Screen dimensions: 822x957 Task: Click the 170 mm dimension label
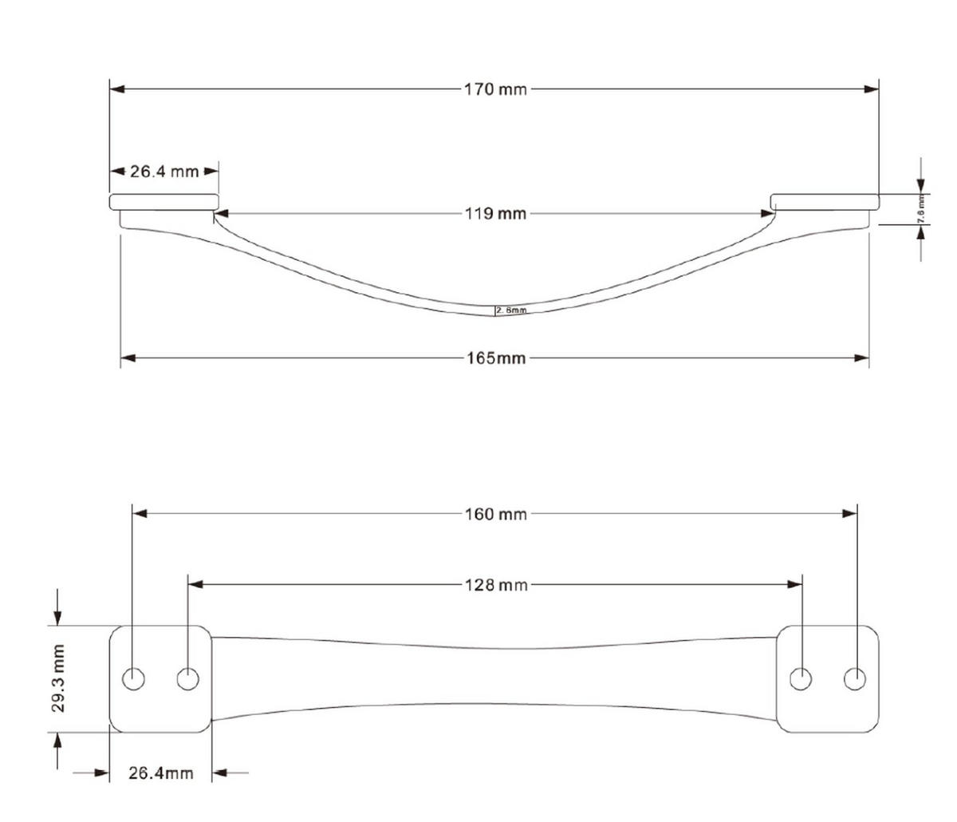(495, 89)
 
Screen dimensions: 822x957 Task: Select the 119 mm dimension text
(495, 213)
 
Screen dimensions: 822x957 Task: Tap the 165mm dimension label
(496, 358)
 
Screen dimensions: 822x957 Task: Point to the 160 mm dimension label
(495, 514)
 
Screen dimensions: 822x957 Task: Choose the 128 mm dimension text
(495, 585)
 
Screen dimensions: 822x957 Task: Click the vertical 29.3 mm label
(57, 679)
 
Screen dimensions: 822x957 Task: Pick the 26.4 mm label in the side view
(164, 171)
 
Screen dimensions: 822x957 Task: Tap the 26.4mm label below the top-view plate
(160, 773)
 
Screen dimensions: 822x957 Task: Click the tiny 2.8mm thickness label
(510, 310)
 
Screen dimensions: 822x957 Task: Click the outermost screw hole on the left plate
(133, 679)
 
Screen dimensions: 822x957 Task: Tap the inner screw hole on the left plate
(187, 679)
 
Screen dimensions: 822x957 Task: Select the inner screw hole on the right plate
(800, 679)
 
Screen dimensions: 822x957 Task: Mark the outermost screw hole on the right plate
(854, 679)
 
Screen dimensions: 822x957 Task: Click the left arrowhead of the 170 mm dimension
(117, 89)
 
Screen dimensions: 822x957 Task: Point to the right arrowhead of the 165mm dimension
(861, 358)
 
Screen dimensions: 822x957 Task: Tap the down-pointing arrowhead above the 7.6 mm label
(921, 185)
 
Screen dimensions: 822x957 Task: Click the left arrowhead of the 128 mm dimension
(195, 584)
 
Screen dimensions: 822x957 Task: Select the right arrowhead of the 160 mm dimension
(849, 514)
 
